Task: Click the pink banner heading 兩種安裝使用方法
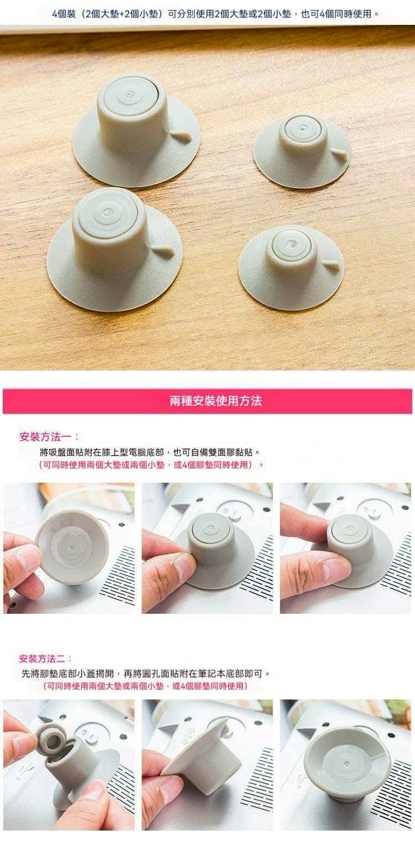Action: click(x=215, y=401)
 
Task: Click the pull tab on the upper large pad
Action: click(x=181, y=134)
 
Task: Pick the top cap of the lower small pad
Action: click(x=291, y=244)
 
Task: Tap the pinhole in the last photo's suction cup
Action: click(x=346, y=763)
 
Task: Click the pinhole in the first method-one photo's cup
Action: click(x=72, y=547)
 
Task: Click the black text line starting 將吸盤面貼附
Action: click(x=150, y=452)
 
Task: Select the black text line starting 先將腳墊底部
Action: click(x=146, y=674)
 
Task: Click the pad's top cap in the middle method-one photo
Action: click(x=211, y=529)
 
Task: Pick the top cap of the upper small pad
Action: click(x=303, y=129)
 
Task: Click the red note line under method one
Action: click(x=151, y=465)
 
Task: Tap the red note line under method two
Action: click(x=145, y=686)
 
